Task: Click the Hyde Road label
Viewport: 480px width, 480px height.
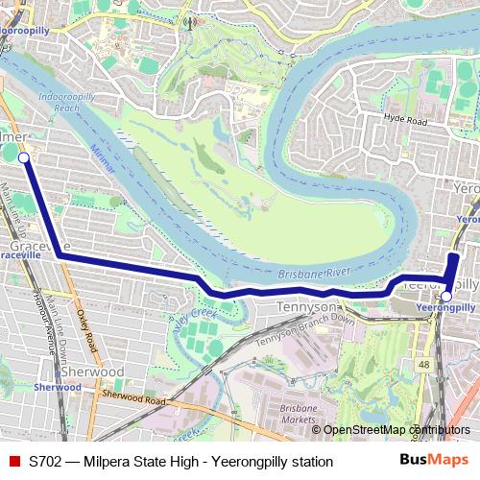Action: [x=404, y=121]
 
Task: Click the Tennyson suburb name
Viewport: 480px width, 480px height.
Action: [x=304, y=305]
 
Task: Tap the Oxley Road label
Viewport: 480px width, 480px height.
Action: [x=86, y=329]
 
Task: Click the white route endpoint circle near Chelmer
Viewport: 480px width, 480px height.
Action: [x=23, y=157]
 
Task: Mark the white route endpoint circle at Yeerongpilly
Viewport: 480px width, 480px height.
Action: [x=445, y=297]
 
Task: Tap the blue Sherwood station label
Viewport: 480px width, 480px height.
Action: [x=56, y=387]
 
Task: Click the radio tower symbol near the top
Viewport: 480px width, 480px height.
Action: [x=190, y=20]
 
